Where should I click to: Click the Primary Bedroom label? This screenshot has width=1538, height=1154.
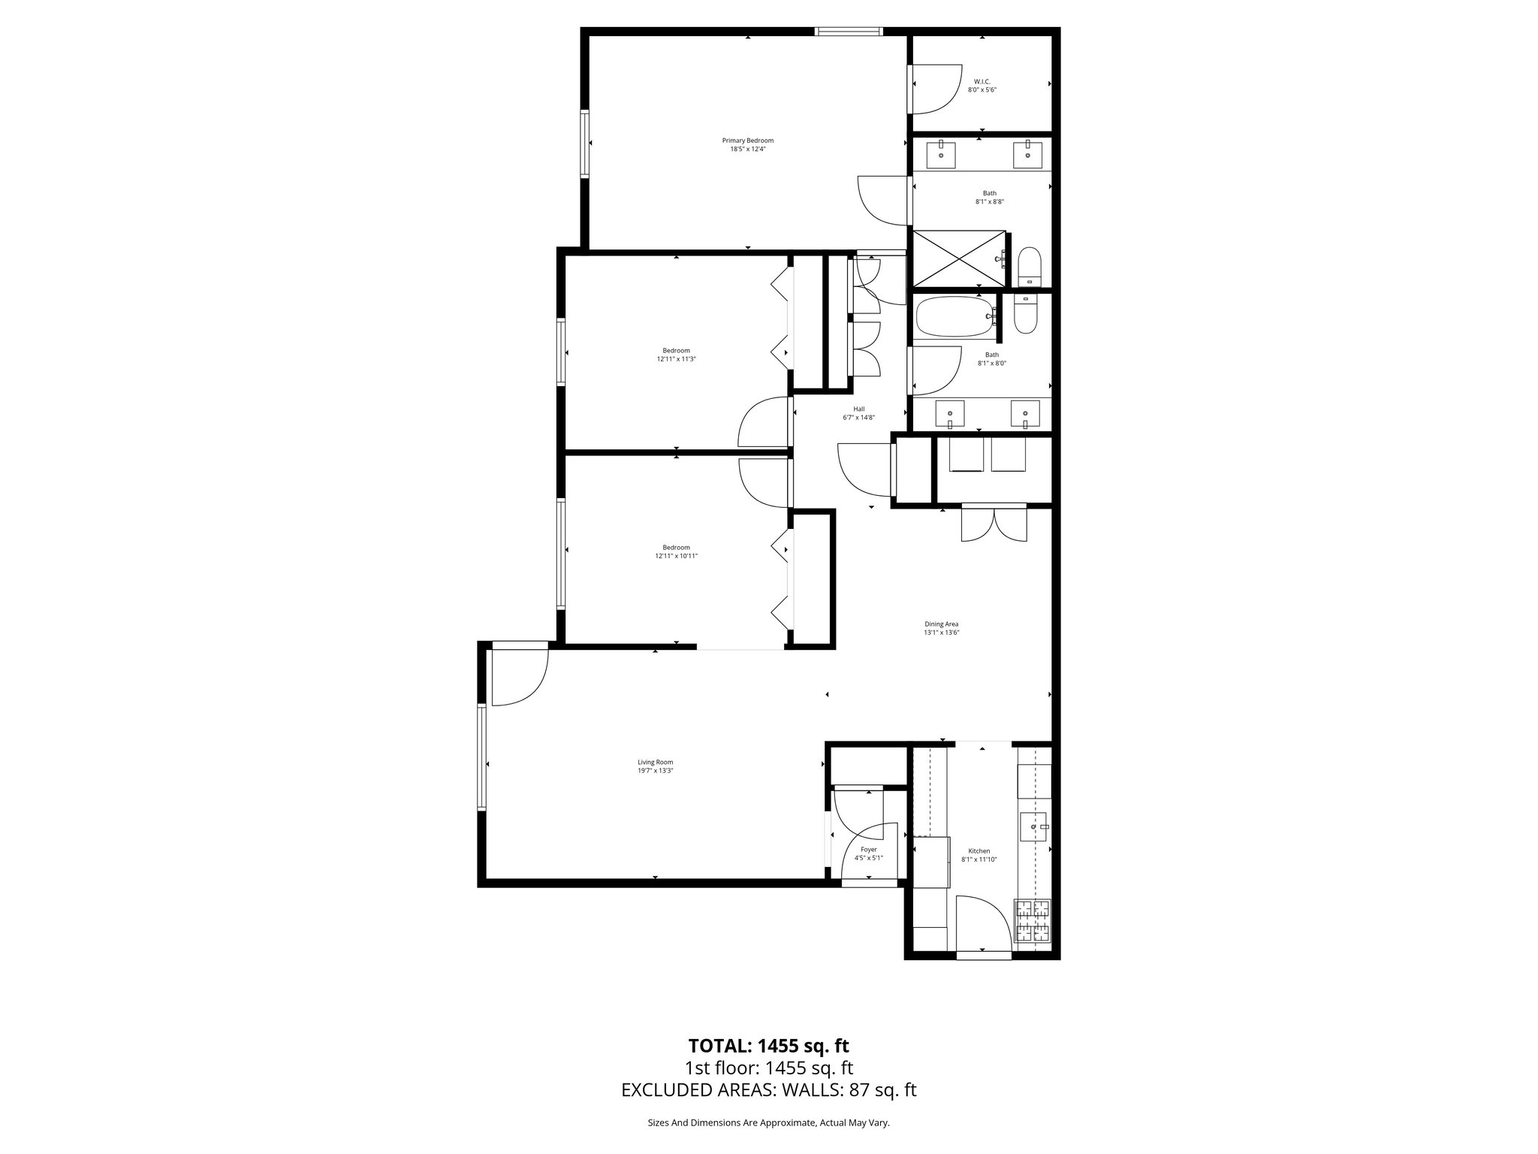point(747,140)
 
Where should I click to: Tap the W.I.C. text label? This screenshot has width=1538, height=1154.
point(982,81)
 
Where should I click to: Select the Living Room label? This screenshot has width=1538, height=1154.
point(656,762)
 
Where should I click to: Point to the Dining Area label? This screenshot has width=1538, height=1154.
point(941,624)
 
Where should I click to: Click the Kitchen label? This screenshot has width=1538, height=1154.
point(979,851)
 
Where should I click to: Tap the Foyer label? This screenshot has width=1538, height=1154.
point(868,850)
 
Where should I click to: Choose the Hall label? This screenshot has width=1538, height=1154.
point(858,409)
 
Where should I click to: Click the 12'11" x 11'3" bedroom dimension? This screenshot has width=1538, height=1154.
point(676,359)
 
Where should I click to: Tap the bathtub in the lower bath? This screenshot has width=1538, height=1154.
point(954,316)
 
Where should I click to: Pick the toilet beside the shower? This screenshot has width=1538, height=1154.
point(1029,267)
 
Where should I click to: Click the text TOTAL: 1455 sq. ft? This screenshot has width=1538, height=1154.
point(768,1045)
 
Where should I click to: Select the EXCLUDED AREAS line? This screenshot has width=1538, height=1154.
point(768,1090)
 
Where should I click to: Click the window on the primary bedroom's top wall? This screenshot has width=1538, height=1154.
point(849,32)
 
